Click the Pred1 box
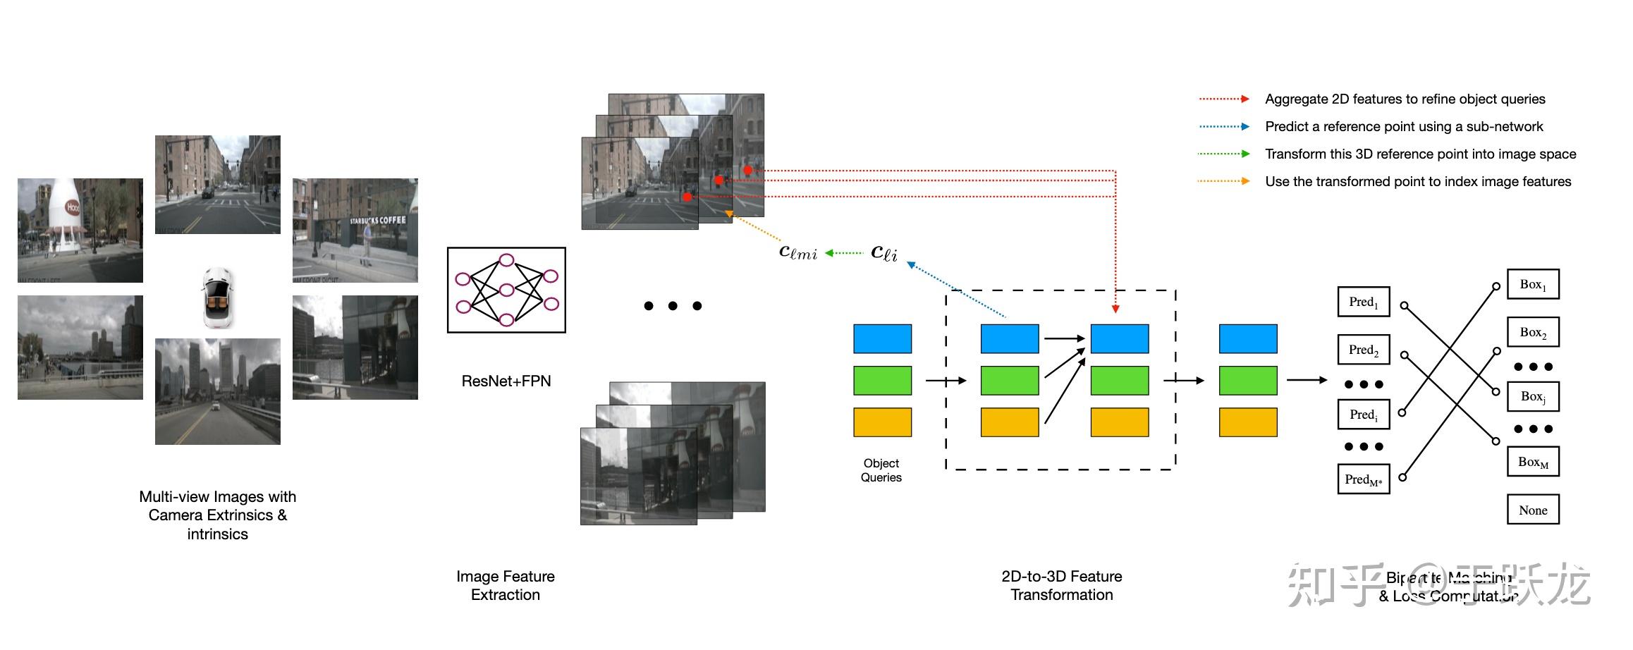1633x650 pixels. click(x=1363, y=302)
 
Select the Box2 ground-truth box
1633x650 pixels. click(x=1533, y=332)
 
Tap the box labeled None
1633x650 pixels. click(x=1533, y=510)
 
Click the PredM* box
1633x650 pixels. click(x=1363, y=479)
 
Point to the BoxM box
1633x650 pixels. click(x=1533, y=462)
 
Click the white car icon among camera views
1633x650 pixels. click(x=217, y=298)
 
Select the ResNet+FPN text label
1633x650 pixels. click(x=506, y=381)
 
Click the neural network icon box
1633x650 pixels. click(x=506, y=290)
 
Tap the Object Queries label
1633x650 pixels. click(x=881, y=470)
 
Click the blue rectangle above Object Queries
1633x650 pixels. click(x=882, y=338)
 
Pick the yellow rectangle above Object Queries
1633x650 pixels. click(x=882, y=422)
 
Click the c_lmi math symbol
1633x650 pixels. click(x=797, y=252)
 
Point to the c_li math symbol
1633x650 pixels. click(x=884, y=252)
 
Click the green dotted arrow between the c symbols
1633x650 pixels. click(x=844, y=252)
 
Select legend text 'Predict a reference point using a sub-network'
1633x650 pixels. click(x=1404, y=126)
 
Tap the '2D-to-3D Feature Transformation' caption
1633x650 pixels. click(x=1061, y=585)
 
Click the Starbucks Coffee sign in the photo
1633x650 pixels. click(x=378, y=221)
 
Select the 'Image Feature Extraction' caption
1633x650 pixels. click(x=506, y=585)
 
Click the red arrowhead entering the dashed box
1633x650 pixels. click(x=1115, y=309)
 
